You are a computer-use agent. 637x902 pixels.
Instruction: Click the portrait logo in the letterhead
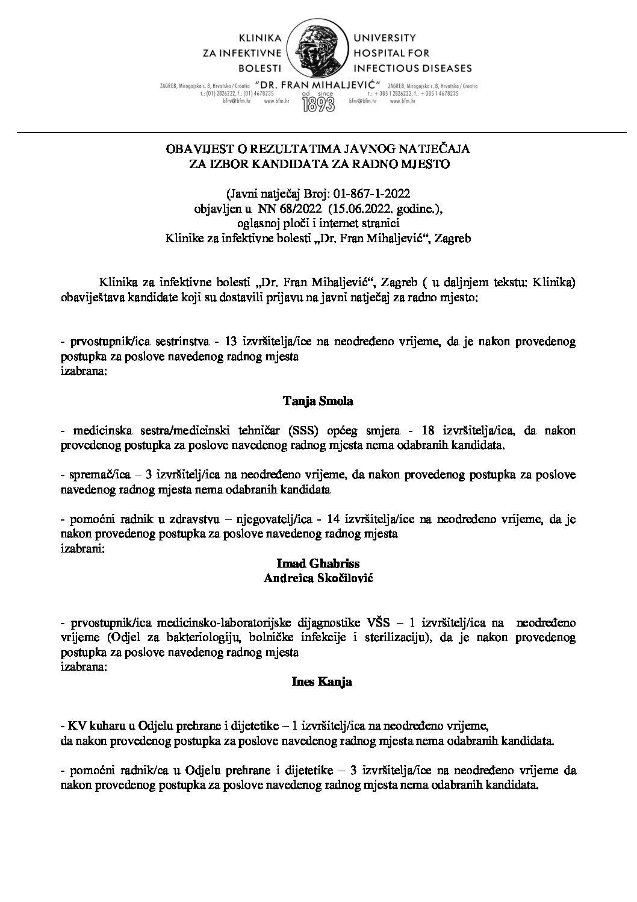pyautogui.click(x=317, y=51)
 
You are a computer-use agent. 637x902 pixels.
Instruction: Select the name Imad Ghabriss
pyautogui.click(x=317, y=563)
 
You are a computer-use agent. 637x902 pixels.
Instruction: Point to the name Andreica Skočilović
pyautogui.click(x=317, y=577)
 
